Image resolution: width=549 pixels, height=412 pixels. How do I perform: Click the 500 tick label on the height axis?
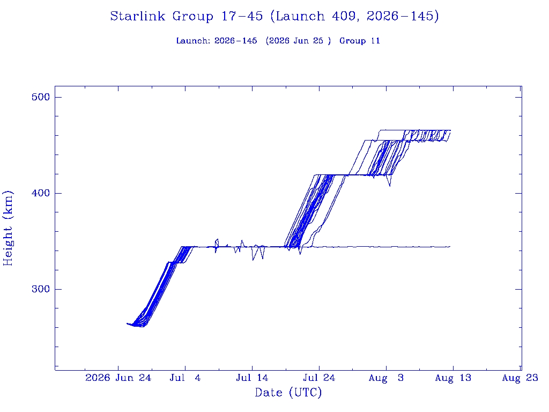point(41,97)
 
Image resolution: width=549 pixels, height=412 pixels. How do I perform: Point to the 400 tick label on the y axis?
point(41,193)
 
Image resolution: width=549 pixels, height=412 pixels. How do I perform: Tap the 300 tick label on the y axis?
point(41,289)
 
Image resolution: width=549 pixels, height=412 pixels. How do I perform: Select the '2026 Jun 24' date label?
point(118,378)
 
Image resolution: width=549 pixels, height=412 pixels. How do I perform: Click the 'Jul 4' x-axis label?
point(185,378)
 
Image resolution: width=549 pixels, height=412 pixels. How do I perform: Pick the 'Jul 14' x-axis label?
point(252,378)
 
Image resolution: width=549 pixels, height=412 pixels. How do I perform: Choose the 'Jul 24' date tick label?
point(319,378)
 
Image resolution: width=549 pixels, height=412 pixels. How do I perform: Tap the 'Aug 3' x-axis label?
point(386,378)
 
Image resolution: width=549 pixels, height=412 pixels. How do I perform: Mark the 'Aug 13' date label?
point(453,378)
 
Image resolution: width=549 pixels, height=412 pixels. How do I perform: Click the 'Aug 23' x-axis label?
point(520,378)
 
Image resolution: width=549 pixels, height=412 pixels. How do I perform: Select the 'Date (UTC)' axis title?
point(288,392)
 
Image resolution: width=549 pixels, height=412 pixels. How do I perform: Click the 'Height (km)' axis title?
point(8,229)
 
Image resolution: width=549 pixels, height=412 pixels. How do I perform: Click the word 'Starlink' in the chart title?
point(138,16)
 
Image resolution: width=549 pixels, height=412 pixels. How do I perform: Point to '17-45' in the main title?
point(242,16)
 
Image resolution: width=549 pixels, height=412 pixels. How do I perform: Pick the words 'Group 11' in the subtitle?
point(360,41)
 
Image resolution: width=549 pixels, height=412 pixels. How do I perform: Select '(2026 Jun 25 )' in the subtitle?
point(298,41)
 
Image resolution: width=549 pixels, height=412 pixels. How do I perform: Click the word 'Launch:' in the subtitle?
point(193,41)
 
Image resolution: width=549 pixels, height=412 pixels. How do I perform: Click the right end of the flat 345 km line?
point(450,247)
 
